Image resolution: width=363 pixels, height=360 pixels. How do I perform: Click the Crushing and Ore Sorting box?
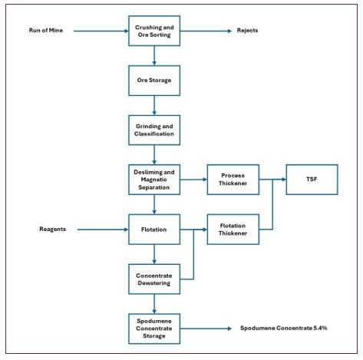tap(154, 31)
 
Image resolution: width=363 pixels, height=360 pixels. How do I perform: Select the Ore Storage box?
tap(154, 81)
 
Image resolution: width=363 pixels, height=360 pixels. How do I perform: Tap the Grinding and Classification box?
tap(154, 130)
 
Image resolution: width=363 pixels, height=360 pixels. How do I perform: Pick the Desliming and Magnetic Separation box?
tap(154, 180)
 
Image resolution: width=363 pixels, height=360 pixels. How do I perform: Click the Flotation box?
tap(154, 230)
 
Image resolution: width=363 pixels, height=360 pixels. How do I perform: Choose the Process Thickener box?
tap(233, 180)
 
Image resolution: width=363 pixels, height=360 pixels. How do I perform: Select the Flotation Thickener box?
tap(233, 230)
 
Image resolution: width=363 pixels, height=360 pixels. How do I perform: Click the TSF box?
tap(312, 180)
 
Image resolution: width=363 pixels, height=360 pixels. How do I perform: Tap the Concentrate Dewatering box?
tap(154, 279)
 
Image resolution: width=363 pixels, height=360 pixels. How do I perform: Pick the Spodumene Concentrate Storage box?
tap(154, 329)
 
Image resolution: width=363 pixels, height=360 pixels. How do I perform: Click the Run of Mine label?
tap(46, 31)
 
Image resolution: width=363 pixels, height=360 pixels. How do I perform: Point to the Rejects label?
tap(247, 31)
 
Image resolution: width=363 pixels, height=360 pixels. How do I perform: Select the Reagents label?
tap(52, 229)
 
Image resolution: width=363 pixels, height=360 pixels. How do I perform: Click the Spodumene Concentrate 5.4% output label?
tap(284, 328)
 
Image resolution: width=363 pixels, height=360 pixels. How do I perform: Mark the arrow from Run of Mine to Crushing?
tap(101, 31)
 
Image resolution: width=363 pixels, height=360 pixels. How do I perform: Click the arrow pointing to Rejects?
tap(206, 31)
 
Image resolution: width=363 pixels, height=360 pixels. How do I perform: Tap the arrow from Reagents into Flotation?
tap(103, 230)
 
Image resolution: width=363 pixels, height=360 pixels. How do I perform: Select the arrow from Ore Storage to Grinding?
tap(154, 105)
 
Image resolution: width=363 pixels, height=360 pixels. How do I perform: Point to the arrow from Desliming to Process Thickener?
tap(193, 180)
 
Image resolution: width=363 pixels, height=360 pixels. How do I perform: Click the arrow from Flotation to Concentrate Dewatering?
tap(154, 254)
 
